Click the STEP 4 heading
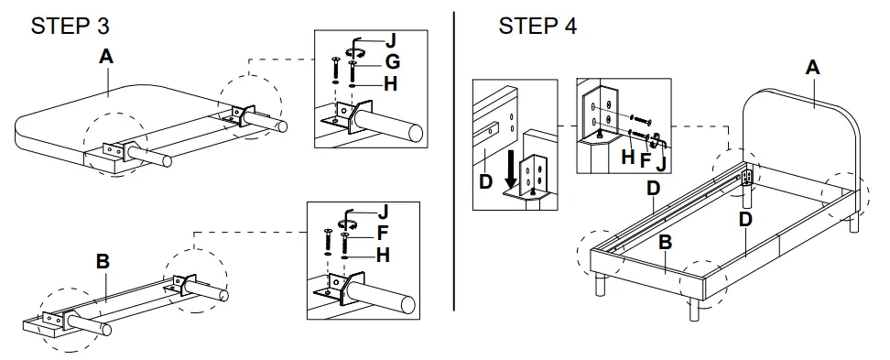pyautogui.click(x=537, y=26)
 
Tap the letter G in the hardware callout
pyautogui.click(x=391, y=61)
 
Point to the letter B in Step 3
pyautogui.click(x=103, y=262)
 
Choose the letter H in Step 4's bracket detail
pyautogui.click(x=627, y=157)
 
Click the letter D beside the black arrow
pyautogui.click(x=486, y=181)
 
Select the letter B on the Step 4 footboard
pyautogui.click(x=667, y=243)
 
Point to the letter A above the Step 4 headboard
pyautogui.click(x=812, y=67)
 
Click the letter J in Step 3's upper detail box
pyautogui.click(x=391, y=41)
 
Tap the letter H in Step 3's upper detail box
pyautogui.click(x=391, y=82)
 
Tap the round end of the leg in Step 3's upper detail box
pyautogui.click(x=415, y=131)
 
